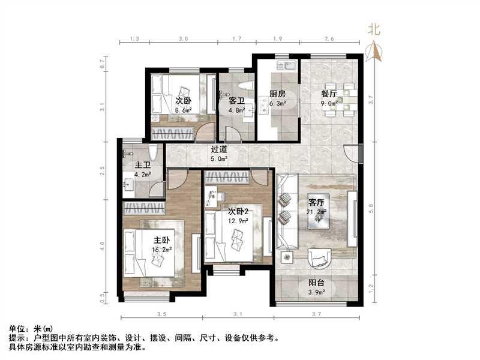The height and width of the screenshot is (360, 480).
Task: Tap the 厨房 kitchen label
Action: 277,94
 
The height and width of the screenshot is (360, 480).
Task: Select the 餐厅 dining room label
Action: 328,94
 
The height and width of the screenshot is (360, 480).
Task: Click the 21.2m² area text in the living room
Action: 317,212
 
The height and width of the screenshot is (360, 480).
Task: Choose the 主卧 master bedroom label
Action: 161,241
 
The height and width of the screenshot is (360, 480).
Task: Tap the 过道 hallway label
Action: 219,150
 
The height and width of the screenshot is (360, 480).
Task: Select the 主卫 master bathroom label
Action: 142,165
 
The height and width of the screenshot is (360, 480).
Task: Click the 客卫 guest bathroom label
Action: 236,101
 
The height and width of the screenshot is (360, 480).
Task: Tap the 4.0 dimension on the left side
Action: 103,245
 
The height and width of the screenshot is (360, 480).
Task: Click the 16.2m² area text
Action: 163,250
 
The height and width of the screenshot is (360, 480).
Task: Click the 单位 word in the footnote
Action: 17,329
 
